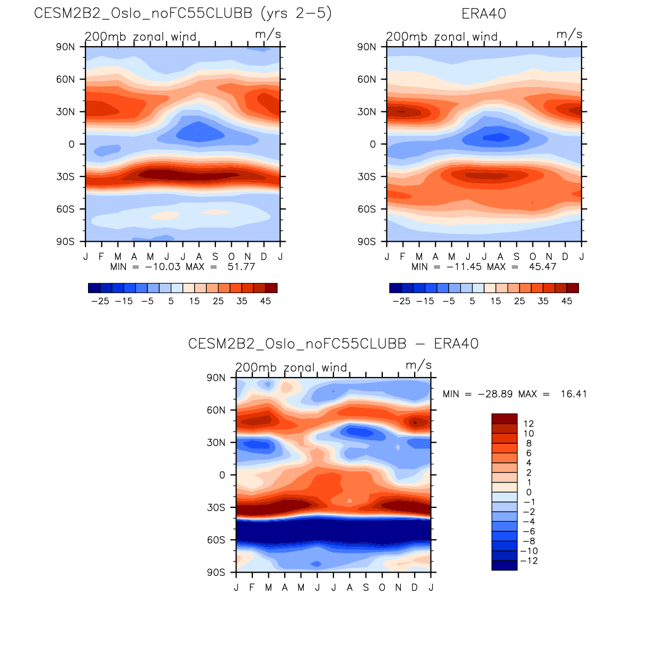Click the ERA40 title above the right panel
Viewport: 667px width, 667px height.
tap(484, 14)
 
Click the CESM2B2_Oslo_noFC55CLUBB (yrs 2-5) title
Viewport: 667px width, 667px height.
tap(183, 14)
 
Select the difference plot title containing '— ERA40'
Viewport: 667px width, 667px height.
tap(333, 344)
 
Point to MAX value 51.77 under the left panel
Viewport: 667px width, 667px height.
tap(241, 267)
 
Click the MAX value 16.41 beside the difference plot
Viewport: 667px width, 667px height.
tap(574, 394)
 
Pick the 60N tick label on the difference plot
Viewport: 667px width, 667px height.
tap(216, 410)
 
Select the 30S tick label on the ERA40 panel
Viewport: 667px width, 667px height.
tap(366, 177)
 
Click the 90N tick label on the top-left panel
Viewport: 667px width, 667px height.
tap(65, 47)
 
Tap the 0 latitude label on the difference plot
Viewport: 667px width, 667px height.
tap(222, 475)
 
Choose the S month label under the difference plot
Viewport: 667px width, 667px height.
tap(366, 587)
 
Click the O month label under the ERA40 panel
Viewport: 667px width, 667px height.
tap(533, 257)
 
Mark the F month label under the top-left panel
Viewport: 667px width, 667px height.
tap(101, 257)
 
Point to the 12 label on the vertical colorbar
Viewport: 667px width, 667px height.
tap(529, 424)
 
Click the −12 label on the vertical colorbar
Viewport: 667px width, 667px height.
tap(529, 561)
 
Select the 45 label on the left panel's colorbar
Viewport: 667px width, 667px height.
tap(265, 301)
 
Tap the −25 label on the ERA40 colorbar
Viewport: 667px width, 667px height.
tap(401, 301)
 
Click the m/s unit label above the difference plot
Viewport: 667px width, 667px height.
tap(418, 365)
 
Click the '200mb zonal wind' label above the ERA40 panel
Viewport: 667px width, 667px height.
tap(442, 37)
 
